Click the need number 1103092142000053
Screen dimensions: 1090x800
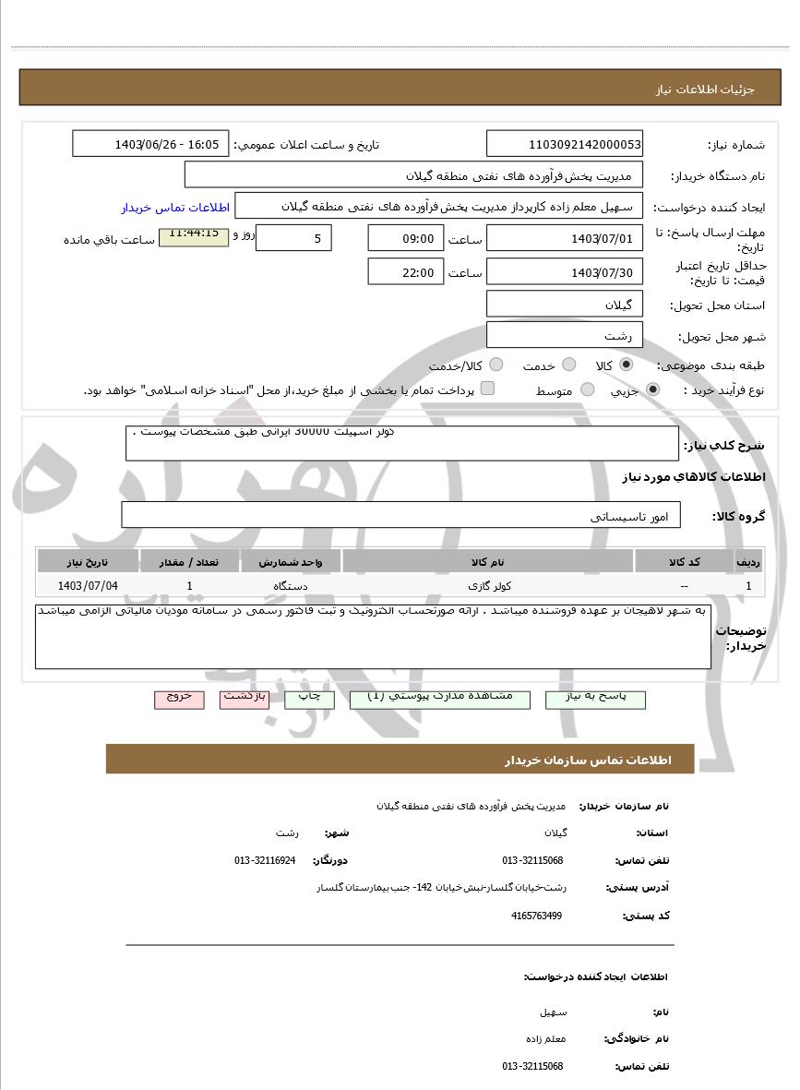pos(565,144)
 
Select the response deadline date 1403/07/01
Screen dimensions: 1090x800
pos(565,239)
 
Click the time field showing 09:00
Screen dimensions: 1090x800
pos(405,239)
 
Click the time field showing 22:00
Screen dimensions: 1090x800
pos(405,272)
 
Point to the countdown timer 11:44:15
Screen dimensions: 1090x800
pos(194,234)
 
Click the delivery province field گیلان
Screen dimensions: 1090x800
pos(565,305)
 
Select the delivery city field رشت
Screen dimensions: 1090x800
pos(565,336)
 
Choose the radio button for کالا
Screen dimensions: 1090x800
pos(627,365)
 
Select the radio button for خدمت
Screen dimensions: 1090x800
pos(569,365)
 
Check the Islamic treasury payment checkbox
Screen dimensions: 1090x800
pos(488,389)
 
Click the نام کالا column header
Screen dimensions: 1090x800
pos(487,561)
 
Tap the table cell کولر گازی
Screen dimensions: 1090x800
pos(487,585)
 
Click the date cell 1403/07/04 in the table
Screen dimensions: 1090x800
pos(88,585)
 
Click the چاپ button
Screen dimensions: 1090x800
pos(310,699)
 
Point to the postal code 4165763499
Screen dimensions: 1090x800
pos(536,916)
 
